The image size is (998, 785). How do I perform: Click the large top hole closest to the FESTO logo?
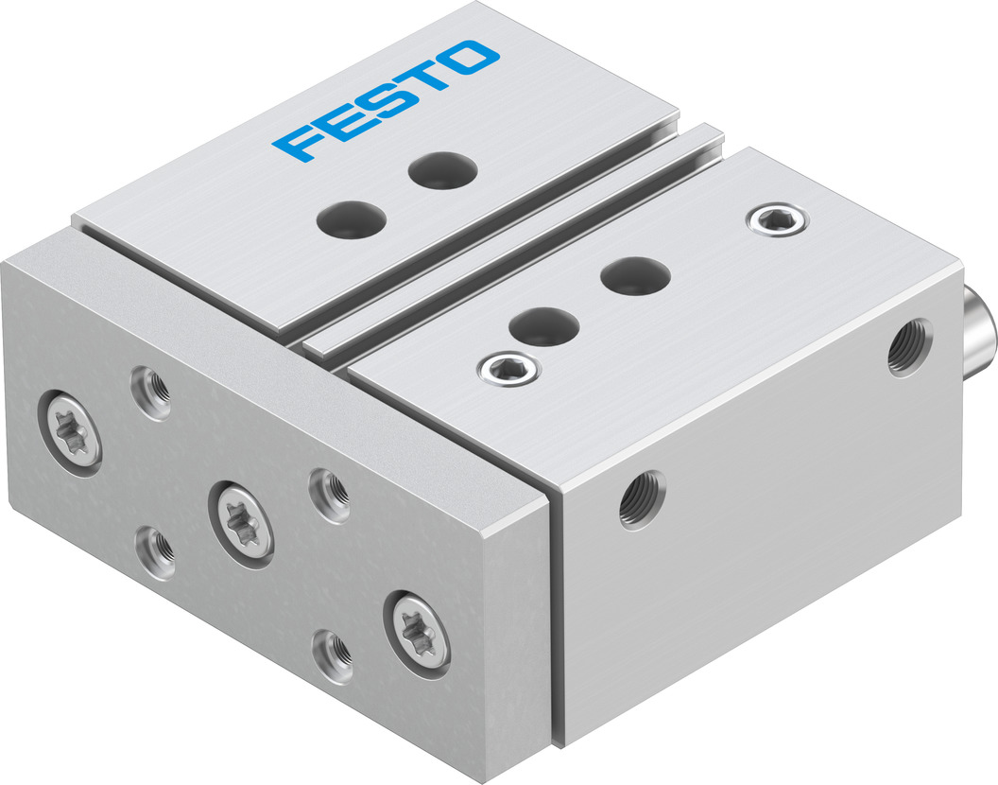(443, 170)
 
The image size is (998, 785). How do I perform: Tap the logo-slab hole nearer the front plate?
(352, 219)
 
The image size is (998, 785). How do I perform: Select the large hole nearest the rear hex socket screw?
(635, 276)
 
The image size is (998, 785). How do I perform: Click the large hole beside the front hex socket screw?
(544, 326)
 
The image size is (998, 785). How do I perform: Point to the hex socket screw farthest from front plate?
(778, 219)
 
